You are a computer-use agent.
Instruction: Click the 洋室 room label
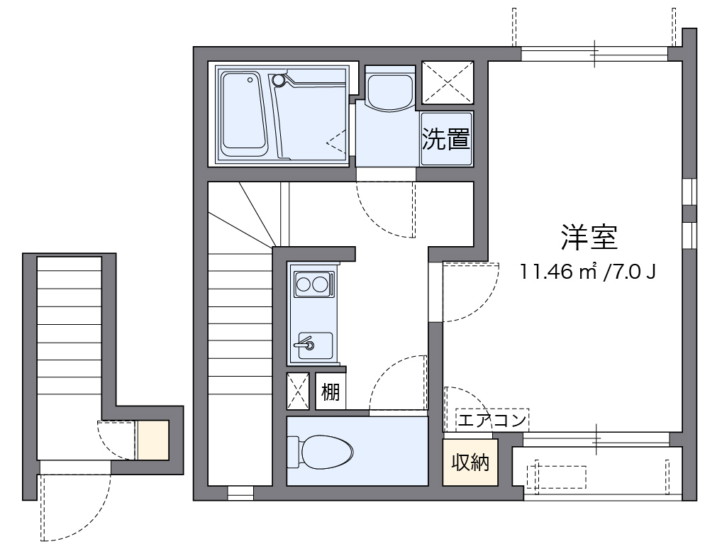[x=589, y=238]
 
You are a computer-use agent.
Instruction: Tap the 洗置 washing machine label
[x=446, y=139]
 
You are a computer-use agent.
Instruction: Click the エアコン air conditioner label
[x=491, y=421]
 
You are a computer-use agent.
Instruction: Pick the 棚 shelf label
[x=331, y=392]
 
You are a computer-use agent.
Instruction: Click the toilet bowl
[x=327, y=451]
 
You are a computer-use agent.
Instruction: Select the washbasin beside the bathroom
[x=389, y=89]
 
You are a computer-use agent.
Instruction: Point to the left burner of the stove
[x=304, y=285]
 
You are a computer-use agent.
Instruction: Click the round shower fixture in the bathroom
[x=279, y=81]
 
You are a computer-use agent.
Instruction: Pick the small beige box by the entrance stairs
[x=152, y=440]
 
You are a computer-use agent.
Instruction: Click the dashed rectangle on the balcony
[x=560, y=476]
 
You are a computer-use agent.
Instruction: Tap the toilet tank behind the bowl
[x=293, y=451]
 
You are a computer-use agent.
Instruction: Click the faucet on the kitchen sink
[x=307, y=345]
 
